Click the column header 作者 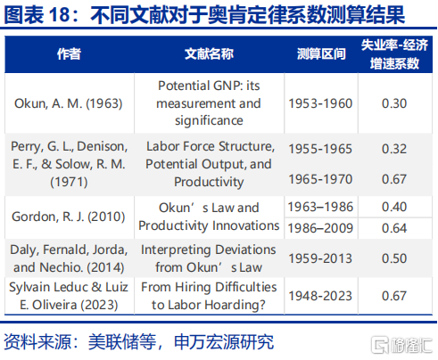pos(69,54)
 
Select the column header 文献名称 pos(209,54)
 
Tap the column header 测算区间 pos(321,54)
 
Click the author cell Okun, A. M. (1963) pos(69,103)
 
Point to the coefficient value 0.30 pos(394,103)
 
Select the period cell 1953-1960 pos(320,103)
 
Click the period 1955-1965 pos(320,149)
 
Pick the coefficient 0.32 pos(394,149)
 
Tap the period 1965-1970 pos(320,179)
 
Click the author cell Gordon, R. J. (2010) pos(69,217)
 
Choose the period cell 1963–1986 pos(320,207)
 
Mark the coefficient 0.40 pos(394,207)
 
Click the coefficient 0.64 pos(394,228)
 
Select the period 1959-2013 pos(320,258)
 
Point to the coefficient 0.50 pos(394,258)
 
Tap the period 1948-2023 pos(320,296)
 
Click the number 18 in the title pos(60,14)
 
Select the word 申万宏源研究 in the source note pos(224,342)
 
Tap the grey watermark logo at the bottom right pos(402,345)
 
